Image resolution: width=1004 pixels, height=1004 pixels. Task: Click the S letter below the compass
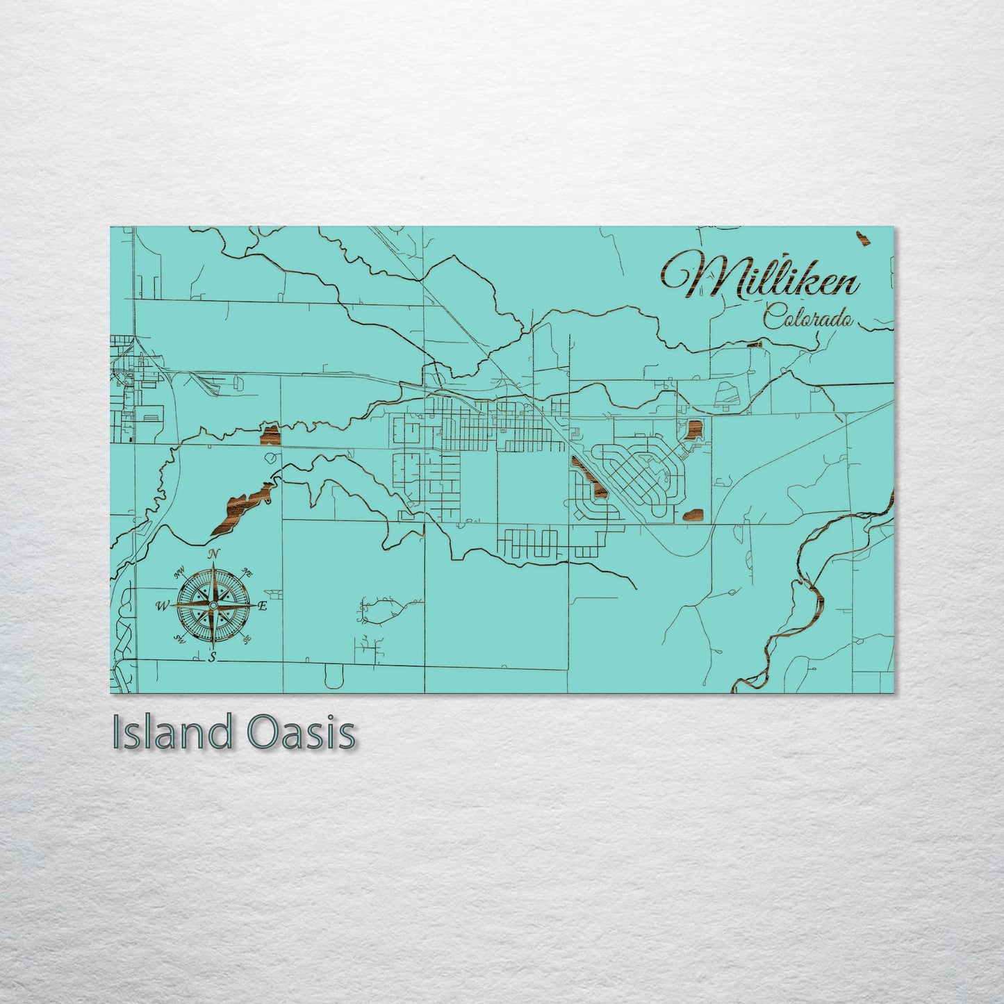pos(213,657)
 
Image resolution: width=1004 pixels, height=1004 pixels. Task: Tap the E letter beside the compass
pos(263,606)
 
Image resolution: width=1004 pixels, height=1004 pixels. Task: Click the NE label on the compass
pos(247,573)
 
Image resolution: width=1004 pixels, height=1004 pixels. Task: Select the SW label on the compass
pos(179,639)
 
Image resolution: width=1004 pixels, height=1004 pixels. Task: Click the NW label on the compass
pos(180,573)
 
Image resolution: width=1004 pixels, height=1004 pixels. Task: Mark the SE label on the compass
pos(247,639)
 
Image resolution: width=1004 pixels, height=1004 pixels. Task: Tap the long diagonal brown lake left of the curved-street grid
pos(589,479)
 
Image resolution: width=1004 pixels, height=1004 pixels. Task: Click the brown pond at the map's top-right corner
pos(864,239)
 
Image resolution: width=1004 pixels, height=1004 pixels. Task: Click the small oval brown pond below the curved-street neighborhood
pos(693,515)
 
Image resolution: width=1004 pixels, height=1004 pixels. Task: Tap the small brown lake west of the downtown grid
pos(270,436)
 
